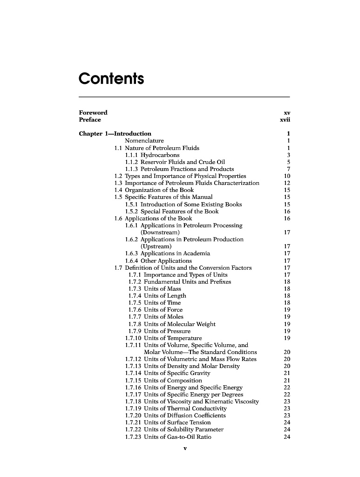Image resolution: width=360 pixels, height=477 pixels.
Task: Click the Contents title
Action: pyautogui.click(x=111, y=79)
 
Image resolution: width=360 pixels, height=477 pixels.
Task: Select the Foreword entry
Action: pyautogui.click(x=93, y=113)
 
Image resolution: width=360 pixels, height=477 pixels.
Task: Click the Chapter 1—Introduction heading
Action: pyautogui.click(x=115, y=134)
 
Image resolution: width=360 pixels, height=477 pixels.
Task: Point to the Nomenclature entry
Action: pyautogui.click(x=144, y=141)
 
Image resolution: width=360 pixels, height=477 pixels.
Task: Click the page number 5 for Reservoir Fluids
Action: pyautogui.click(x=289, y=162)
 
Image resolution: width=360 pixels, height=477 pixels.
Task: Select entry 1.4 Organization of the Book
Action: pyautogui.click(x=154, y=190)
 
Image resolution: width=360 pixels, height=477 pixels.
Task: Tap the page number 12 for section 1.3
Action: pyautogui.click(x=287, y=183)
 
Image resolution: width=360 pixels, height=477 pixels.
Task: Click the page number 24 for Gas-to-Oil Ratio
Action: pyautogui.click(x=287, y=436)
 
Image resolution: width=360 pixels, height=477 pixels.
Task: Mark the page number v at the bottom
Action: pyautogui.click(x=185, y=449)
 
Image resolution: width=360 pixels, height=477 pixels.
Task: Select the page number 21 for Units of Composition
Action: pyautogui.click(x=287, y=380)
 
